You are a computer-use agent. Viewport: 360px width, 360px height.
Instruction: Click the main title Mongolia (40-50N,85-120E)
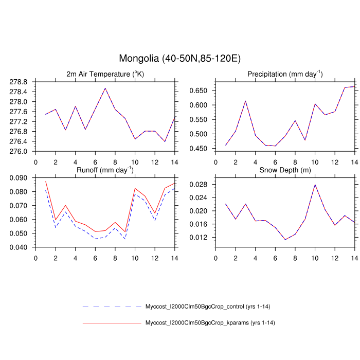coord(179,58)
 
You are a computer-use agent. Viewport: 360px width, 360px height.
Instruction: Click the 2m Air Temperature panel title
coord(105,74)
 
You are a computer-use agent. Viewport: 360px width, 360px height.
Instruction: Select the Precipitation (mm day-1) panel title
coord(285,74)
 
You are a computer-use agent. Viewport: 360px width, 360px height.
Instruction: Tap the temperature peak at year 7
coord(105,88)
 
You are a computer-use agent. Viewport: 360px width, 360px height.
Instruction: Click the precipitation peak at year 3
coord(245,101)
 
